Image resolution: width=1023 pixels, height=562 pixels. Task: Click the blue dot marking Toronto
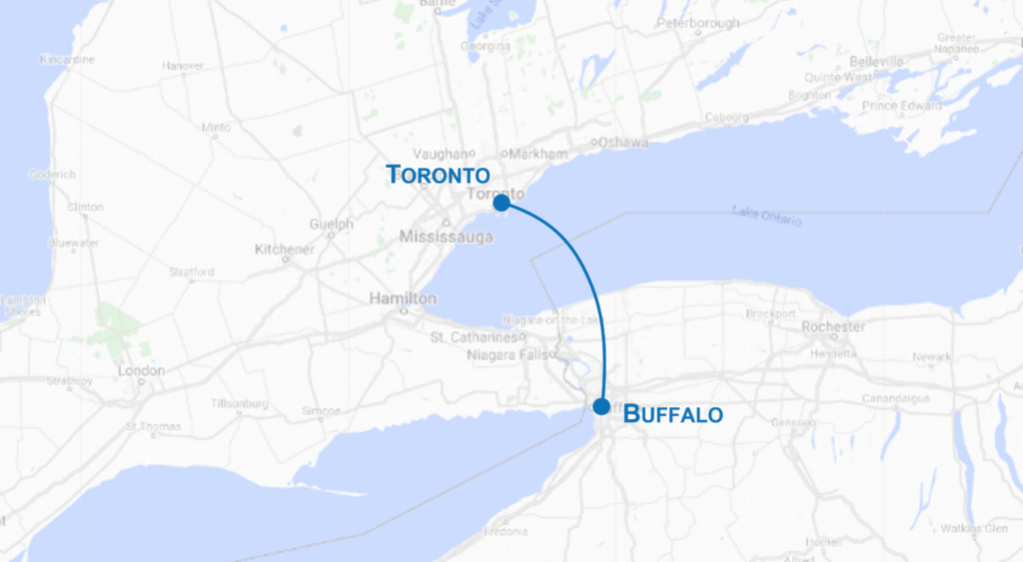(x=502, y=202)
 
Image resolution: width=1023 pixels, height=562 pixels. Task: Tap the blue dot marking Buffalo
(x=601, y=406)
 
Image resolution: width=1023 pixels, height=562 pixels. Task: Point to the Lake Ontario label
(x=766, y=215)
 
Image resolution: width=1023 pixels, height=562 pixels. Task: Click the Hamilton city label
(x=403, y=298)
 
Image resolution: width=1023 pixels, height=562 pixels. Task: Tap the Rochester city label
(x=833, y=326)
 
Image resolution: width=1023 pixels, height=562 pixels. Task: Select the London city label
(x=141, y=370)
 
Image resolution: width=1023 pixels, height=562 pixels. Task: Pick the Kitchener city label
(x=285, y=249)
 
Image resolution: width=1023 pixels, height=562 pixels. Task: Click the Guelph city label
(x=332, y=225)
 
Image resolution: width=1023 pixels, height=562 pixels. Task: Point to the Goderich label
(x=52, y=174)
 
